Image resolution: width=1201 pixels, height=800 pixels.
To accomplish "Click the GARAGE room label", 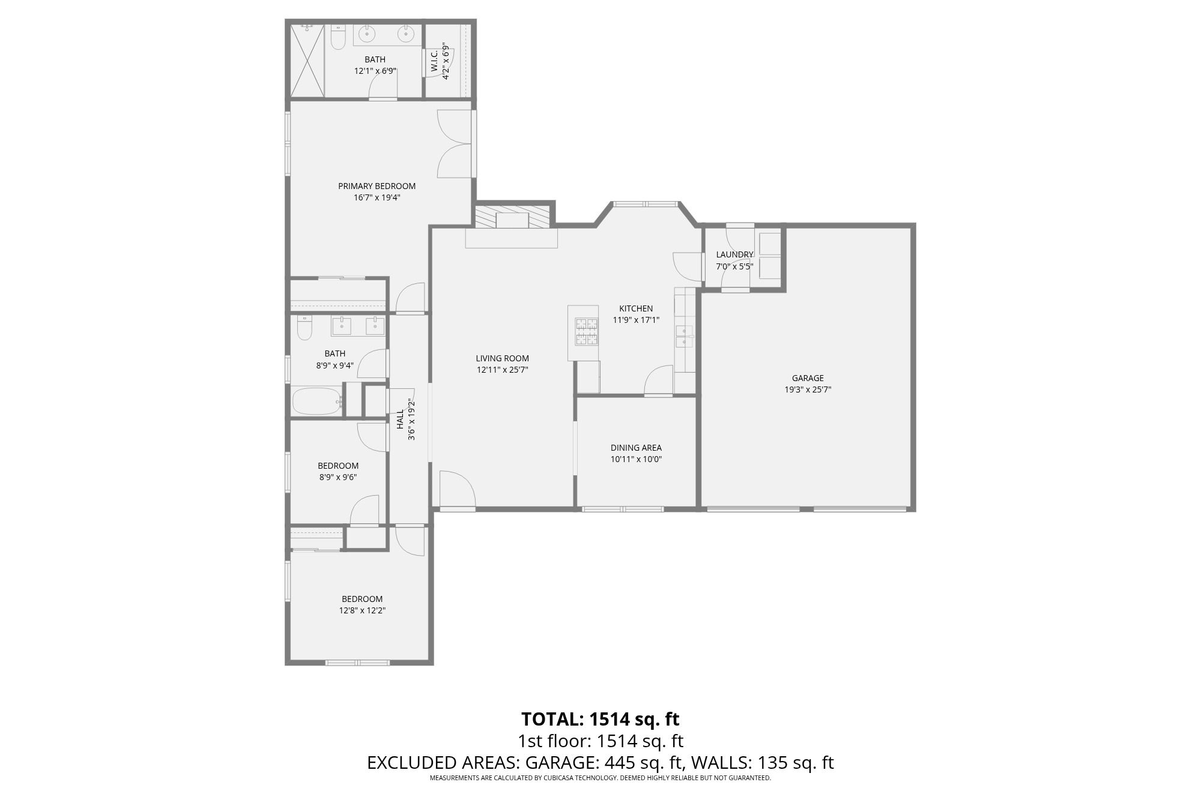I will pos(807,378).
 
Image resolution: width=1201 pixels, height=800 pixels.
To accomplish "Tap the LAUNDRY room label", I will pos(734,254).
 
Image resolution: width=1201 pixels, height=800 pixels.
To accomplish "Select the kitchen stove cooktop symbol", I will pos(587,332).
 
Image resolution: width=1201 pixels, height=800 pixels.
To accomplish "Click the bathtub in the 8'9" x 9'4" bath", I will pos(316,401).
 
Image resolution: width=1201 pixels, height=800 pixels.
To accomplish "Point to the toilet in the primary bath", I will pos(338,38).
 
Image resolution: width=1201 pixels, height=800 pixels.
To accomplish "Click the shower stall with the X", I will pos(307,60).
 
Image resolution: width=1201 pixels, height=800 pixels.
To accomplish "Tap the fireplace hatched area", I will pos(512,217).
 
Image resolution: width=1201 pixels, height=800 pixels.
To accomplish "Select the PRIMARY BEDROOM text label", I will pos(377,186).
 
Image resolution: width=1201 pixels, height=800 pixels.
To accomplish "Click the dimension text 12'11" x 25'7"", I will pos(502,370).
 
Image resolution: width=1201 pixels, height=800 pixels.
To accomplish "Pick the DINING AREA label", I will pos(636,448).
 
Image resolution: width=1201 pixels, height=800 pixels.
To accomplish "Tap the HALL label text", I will pos(400,419).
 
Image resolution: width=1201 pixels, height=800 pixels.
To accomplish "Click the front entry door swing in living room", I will pos(456,489).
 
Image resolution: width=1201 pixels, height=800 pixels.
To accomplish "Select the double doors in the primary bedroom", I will pos(454,144).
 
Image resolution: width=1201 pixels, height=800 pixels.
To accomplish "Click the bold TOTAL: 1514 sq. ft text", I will pos(600,718).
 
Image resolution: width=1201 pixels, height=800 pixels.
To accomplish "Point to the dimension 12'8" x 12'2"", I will pos(362,610).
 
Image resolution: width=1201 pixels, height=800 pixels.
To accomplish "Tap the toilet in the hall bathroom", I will pos(304,328).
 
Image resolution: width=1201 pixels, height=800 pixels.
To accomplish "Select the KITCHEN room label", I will pos(636,308).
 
